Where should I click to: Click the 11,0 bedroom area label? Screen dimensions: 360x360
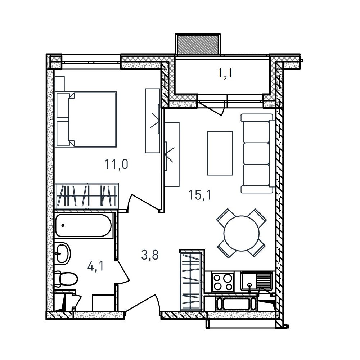(x=116, y=165)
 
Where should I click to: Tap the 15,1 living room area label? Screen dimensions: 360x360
(x=199, y=195)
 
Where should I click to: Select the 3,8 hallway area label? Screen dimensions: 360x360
(x=150, y=255)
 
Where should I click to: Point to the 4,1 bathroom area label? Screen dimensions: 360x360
(x=95, y=266)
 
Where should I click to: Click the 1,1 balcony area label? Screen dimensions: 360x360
(x=225, y=74)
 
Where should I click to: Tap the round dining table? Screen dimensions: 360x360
(x=242, y=233)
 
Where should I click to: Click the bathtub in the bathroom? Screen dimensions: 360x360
(x=84, y=226)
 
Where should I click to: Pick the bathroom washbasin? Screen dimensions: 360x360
(x=62, y=253)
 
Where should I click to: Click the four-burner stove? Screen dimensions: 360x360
(x=222, y=282)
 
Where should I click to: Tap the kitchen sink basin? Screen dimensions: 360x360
(x=249, y=281)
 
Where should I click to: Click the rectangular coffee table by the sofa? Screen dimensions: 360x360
(x=220, y=153)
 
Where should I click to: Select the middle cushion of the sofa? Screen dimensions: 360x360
(x=256, y=153)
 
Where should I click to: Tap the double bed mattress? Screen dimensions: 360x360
(x=93, y=120)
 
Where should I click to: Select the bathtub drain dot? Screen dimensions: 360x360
(x=63, y=225)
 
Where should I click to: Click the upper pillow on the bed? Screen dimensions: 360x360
(x=63, y=105)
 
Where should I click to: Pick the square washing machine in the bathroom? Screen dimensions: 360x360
(x=103, y=303)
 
